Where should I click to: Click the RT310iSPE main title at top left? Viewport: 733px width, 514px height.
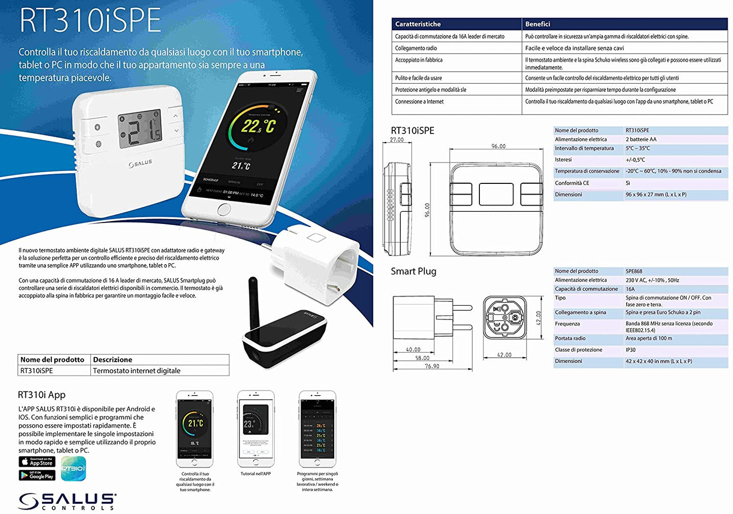90,21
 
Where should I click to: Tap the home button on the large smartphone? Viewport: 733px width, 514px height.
224,209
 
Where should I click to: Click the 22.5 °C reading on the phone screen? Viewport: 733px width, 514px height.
258,126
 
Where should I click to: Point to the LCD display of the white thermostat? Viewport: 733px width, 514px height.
139,130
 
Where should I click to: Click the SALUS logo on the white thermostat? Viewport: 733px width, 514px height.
140,164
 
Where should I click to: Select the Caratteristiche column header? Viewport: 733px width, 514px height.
418,24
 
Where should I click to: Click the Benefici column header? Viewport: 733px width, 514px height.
538,24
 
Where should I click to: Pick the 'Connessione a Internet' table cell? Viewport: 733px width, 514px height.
420,102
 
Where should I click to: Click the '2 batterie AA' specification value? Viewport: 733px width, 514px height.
641,139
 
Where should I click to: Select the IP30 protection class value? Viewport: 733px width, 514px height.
631,350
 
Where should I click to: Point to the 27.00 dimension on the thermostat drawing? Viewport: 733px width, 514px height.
397,140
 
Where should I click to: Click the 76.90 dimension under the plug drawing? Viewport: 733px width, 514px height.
432,366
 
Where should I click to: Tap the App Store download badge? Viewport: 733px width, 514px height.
37,462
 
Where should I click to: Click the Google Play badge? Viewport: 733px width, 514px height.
37,475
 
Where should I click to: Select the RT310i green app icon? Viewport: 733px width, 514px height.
74,468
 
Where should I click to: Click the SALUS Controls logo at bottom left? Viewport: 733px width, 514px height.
67,501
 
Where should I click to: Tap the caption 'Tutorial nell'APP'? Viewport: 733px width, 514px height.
256,474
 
